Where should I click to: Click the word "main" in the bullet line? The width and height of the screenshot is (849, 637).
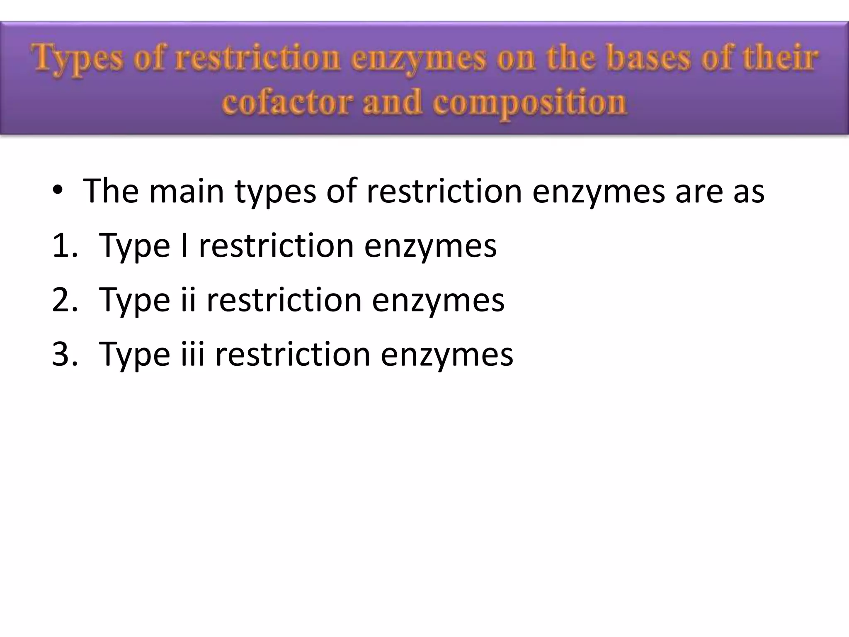click(186, 191)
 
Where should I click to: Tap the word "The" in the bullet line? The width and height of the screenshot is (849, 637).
click(111, 191)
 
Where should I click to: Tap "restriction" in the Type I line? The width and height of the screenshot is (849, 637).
click(276, 246)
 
